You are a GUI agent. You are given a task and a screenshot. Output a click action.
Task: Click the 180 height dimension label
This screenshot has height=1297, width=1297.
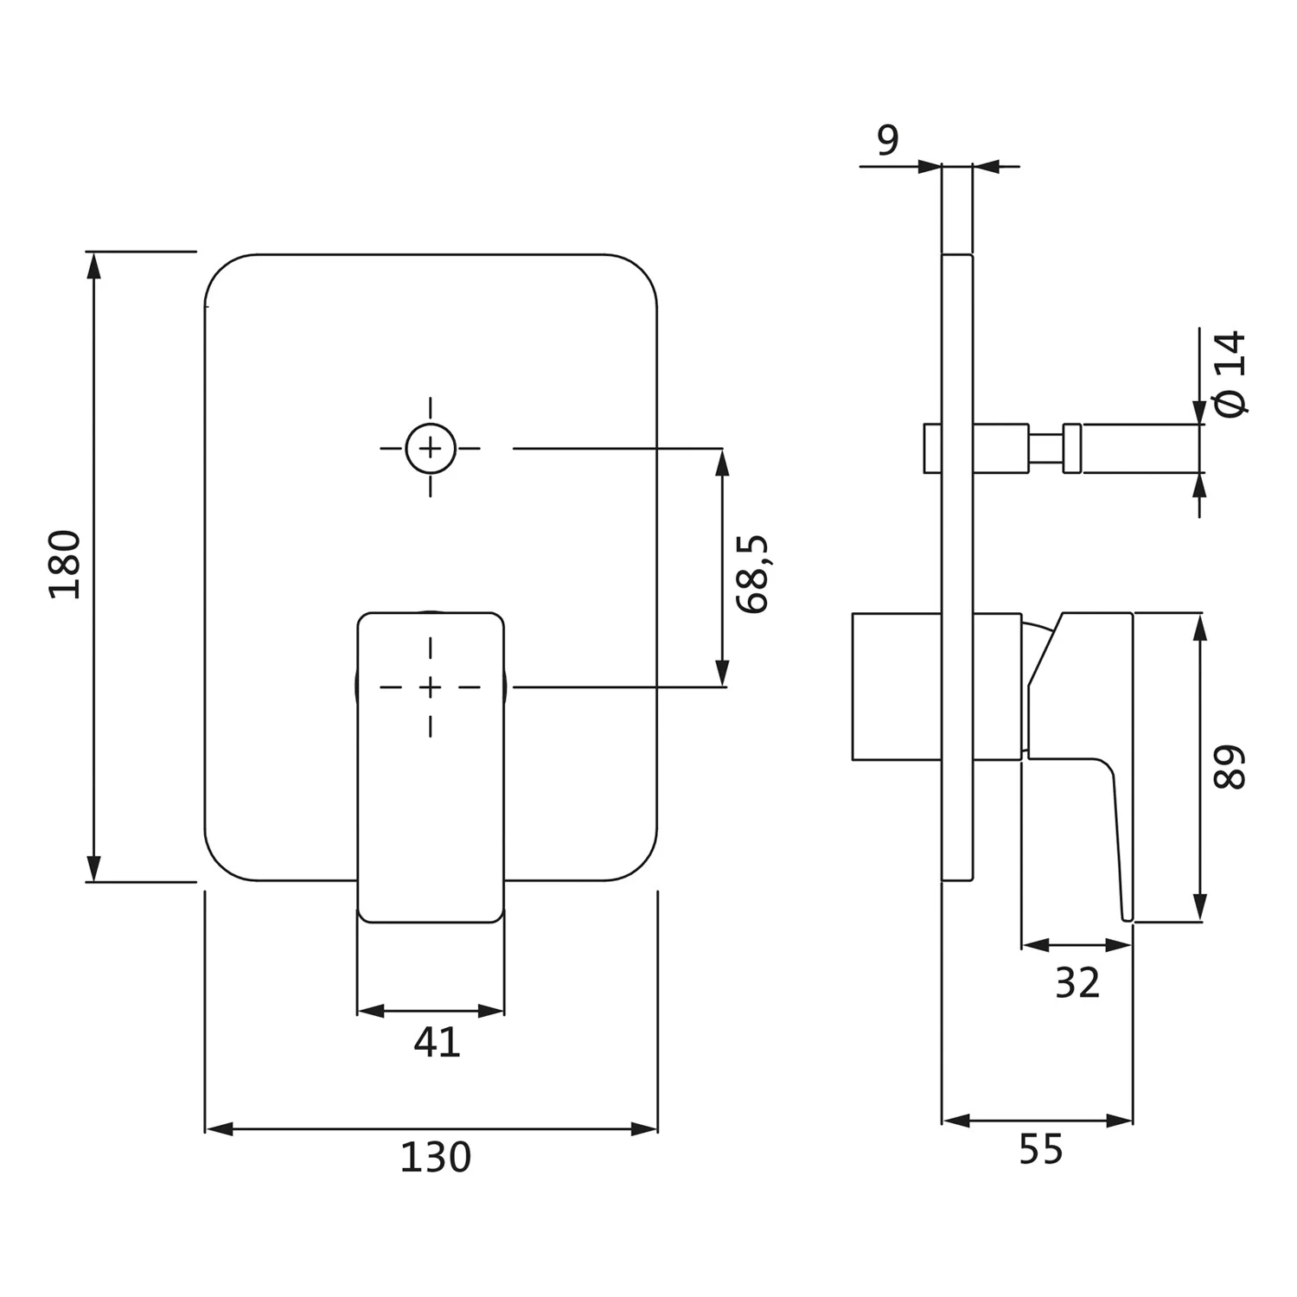point(66,564)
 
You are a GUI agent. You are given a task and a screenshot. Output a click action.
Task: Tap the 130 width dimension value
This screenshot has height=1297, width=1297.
point(435,1157)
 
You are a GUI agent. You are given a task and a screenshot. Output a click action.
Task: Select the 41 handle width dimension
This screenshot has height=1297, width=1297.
point(436,1043)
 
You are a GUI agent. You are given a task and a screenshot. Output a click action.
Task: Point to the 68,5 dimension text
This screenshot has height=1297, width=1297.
point(752,573)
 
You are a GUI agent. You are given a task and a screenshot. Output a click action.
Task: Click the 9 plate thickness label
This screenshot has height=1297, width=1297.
point(887,140)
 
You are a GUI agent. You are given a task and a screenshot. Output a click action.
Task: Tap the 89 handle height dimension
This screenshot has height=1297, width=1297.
point(1229,766)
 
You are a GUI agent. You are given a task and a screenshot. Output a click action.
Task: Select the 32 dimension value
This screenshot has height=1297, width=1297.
point(1077,983)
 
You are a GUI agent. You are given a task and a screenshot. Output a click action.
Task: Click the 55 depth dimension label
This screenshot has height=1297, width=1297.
point(1039,1149)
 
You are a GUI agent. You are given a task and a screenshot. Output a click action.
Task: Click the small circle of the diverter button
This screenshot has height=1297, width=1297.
point(431,449)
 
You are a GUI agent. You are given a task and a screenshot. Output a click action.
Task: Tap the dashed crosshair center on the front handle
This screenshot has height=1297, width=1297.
point(431,687)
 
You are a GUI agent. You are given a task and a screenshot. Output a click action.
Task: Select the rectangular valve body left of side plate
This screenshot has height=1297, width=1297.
point(896,687)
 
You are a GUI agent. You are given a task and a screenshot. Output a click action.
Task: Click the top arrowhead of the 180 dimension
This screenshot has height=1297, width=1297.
point(94,264)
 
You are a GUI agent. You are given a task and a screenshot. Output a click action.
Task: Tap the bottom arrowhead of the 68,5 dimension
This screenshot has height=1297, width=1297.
point(723,674)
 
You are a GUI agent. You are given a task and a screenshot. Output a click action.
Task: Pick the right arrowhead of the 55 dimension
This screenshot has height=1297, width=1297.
point(1121,1121)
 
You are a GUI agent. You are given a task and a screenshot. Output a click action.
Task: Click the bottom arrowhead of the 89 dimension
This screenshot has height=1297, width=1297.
point(1199,909)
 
